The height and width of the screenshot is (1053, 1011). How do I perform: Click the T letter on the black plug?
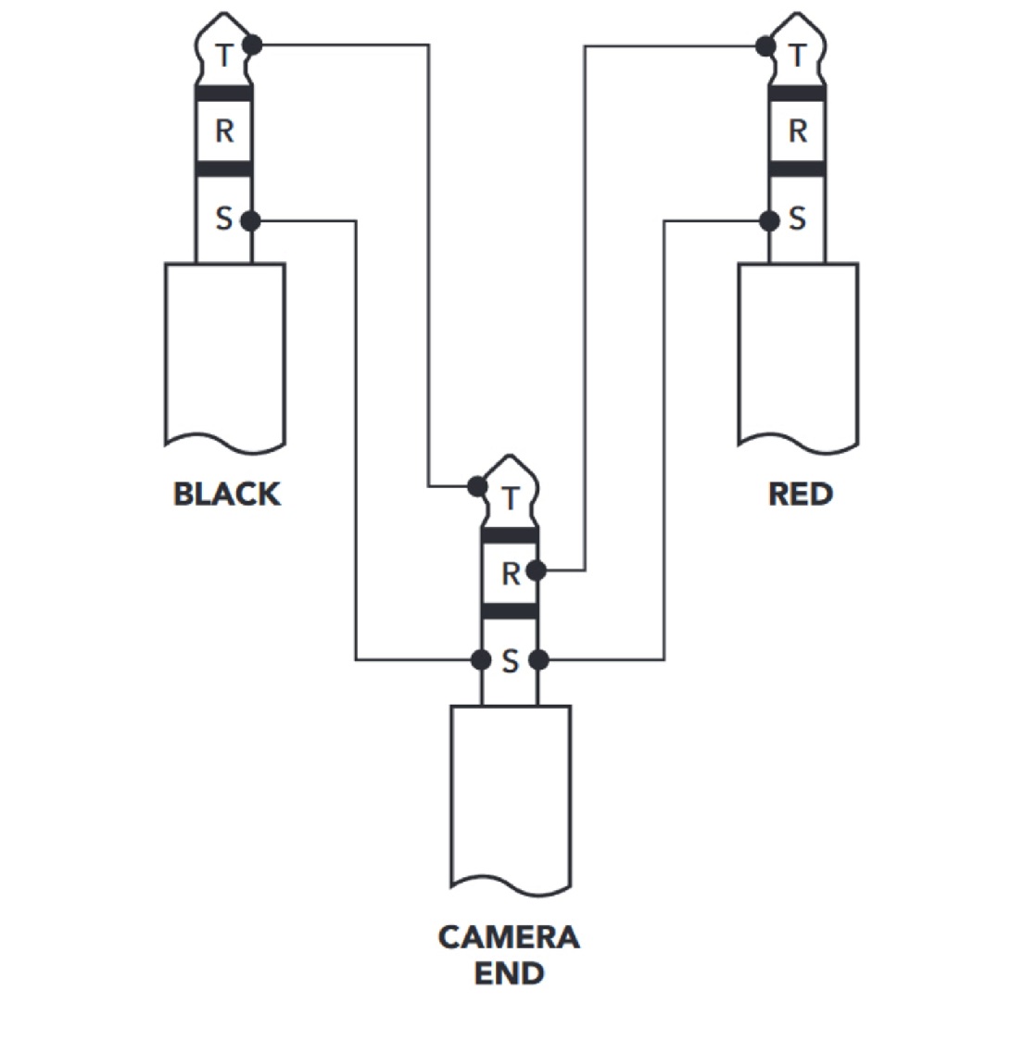point(224,55)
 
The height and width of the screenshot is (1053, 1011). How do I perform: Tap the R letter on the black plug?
point(224,131)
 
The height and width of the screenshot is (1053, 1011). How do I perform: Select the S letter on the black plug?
point(223,219)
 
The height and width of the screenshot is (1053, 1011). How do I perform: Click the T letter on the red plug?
point(797,56)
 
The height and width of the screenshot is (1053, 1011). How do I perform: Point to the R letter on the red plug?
point(798,132)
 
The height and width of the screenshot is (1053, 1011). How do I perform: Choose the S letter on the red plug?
point(797,219)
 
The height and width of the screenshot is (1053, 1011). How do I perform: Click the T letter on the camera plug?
point(511,498)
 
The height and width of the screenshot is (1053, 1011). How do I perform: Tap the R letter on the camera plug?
point(512,574)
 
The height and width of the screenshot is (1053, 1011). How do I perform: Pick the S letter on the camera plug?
point(511,661)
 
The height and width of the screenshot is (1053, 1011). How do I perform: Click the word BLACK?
point(227,495)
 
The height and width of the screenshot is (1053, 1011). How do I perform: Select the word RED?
point(800,495)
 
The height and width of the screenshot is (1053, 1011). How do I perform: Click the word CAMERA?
point(509,937)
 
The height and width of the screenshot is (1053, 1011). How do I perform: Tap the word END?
point(509,973)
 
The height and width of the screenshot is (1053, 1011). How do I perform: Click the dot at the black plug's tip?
point(252,45)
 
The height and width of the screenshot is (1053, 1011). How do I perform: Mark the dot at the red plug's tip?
point(765,46)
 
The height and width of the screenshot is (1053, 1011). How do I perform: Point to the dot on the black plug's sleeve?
point(250,220)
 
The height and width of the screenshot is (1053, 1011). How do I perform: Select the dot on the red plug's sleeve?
point(770,220)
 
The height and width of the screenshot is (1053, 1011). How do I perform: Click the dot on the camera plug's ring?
point(536,570)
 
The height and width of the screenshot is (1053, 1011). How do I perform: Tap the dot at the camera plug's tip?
point(477,485)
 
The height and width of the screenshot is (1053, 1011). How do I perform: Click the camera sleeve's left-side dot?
point(481,660)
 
